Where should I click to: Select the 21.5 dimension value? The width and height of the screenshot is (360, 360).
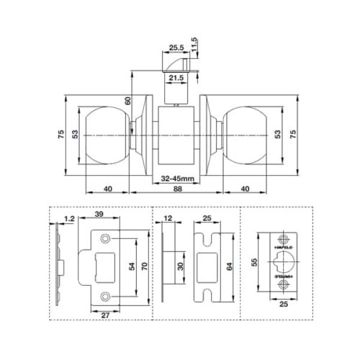(176, 77)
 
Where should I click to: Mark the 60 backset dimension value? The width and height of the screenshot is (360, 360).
(128, 101)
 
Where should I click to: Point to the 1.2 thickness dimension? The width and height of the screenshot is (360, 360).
(69, 217)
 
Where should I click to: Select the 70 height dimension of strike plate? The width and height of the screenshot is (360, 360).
(145, 266)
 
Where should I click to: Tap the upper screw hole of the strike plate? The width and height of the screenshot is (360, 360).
(106, 237)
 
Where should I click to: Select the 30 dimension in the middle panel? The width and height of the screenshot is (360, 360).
(179, 266)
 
